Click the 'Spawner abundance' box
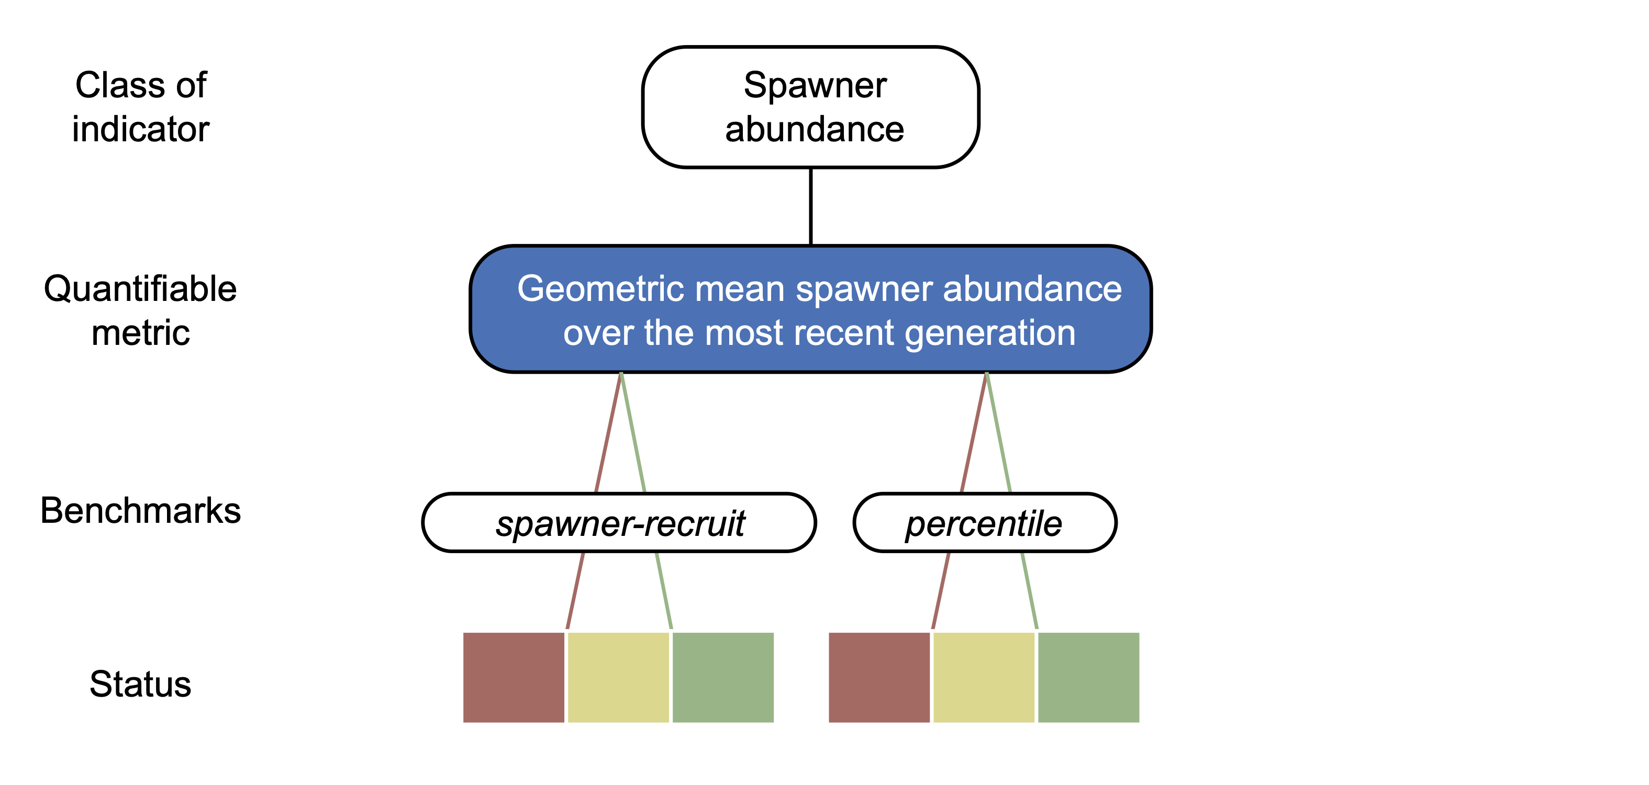point(810,107)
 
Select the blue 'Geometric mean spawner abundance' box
point(810,309)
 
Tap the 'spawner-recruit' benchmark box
point(619,523)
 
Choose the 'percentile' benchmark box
point(985,523)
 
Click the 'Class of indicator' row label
point(141,107)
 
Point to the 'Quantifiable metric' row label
point(140,310)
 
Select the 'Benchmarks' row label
point(140,511)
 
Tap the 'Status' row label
point(140,683)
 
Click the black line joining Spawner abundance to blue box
point(810,206)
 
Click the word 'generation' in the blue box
point(990,333)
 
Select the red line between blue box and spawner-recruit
point(608,433)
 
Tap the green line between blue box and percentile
point(999,433)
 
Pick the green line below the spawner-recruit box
point(664,590)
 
